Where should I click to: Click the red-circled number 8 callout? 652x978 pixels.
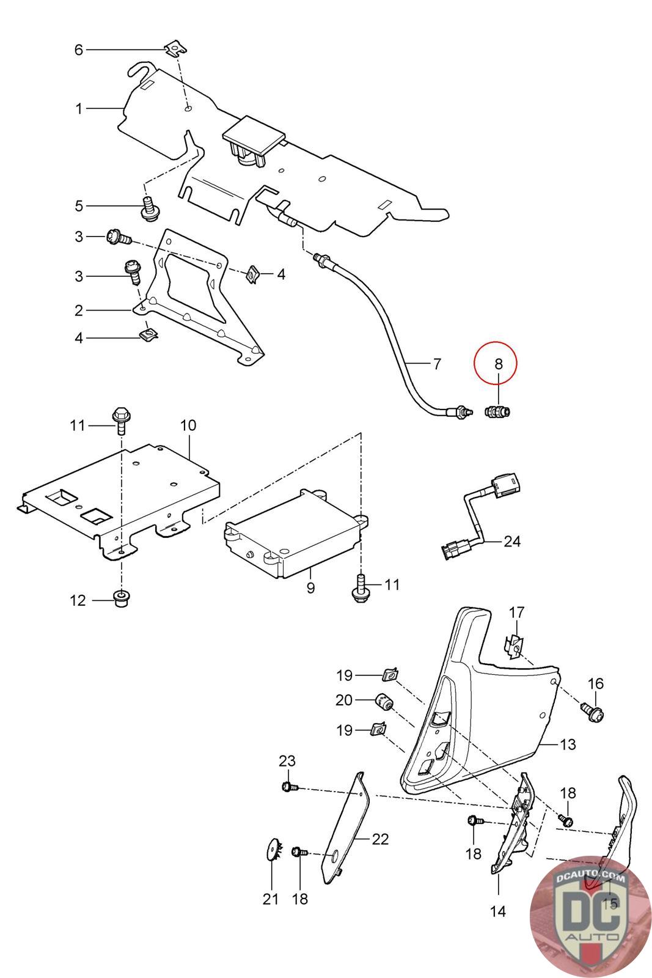coord(497,363)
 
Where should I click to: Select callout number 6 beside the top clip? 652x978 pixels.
coord(78,50)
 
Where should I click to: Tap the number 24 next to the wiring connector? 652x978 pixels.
coord(511,541)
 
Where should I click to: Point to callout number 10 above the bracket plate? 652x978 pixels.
coord(188,425)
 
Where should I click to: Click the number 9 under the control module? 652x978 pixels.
coord(310,588)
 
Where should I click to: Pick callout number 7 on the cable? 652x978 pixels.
coord(436,364)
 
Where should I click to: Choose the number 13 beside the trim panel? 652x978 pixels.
coord(568,745)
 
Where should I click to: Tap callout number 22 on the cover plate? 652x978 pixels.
coord(380,839)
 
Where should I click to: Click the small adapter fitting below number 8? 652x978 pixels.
coord(497,411)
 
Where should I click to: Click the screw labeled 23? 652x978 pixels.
coord(288,787)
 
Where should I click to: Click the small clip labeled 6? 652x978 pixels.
coord(175,46)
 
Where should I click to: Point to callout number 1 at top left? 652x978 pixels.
coord(78,109)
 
